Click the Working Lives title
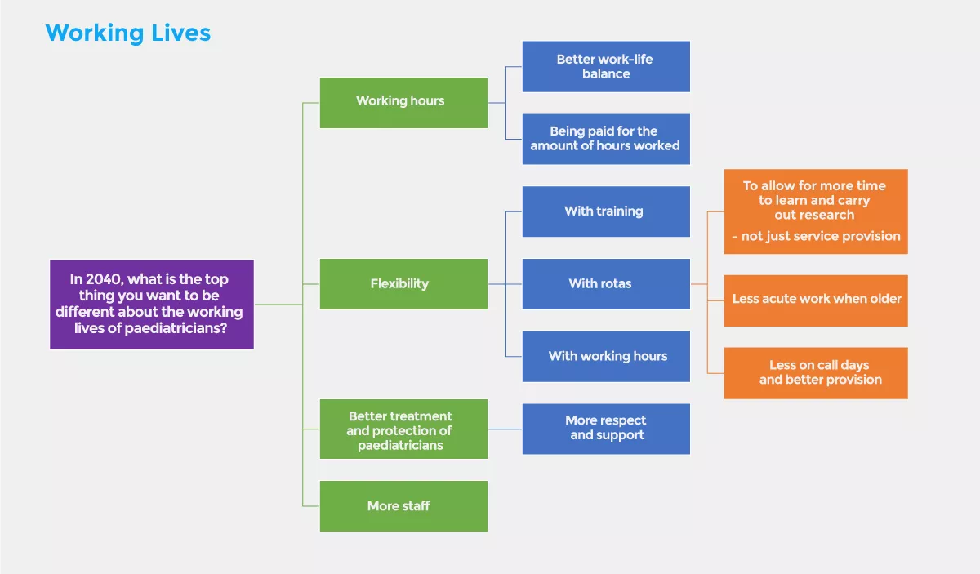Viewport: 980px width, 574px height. [x=128, y=33]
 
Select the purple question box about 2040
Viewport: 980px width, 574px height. [x=152, y=305]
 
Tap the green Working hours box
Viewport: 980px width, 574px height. [x=403, y=102]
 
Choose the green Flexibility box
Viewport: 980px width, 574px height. [x=403, y=284]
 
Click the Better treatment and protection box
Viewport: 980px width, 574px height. [x=403, y=429]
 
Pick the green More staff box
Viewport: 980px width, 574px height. [x=403, y=506]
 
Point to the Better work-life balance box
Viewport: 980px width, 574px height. [x=606, y=66]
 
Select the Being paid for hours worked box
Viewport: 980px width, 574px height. [x=606, y=139]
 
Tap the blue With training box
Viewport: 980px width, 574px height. [x=606, y=211]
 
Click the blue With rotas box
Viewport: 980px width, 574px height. [x=606, y=284]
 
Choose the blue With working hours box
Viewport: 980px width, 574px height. [x=606, y=356]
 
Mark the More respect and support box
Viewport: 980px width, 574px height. [x=606, y=429]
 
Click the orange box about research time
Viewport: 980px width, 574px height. [x=816, y=211]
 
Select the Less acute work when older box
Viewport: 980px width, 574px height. [x=816, y=300]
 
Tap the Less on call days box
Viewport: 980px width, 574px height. [x=816, y=372]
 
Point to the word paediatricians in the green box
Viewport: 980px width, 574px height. [x=400, y=446]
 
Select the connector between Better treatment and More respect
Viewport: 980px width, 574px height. [x=505, y=429]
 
